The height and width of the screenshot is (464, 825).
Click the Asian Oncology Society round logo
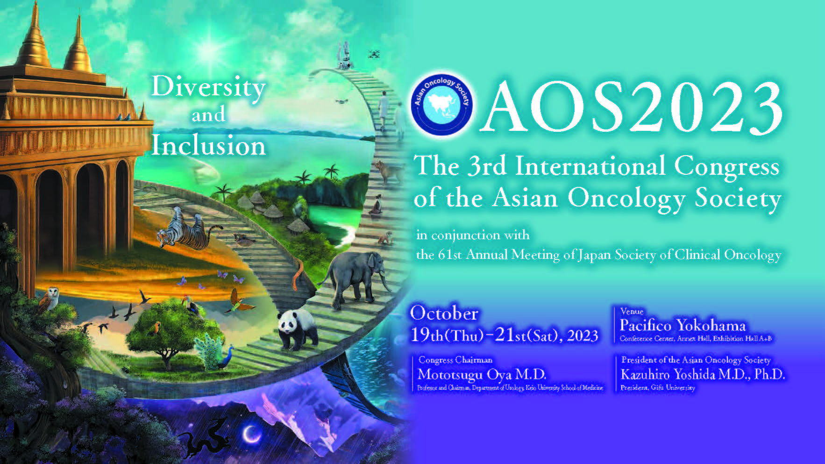point(441,104)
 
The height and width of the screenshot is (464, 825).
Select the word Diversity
point(208,87)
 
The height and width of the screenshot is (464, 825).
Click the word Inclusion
point(208,145)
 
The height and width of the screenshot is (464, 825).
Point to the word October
point(444,314)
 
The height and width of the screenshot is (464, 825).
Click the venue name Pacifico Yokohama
point(683,325)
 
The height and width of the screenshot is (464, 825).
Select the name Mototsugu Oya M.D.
point(482,374)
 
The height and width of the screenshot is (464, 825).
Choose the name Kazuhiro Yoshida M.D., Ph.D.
point(703,374)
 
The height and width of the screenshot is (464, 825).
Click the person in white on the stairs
point(384,110)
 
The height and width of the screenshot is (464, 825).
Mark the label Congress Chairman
point(455,360)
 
